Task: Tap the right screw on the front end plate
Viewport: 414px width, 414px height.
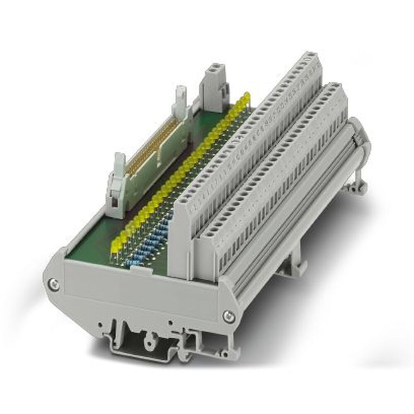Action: coord(227,315)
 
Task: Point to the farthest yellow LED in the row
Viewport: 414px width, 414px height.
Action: coord(246,96)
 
